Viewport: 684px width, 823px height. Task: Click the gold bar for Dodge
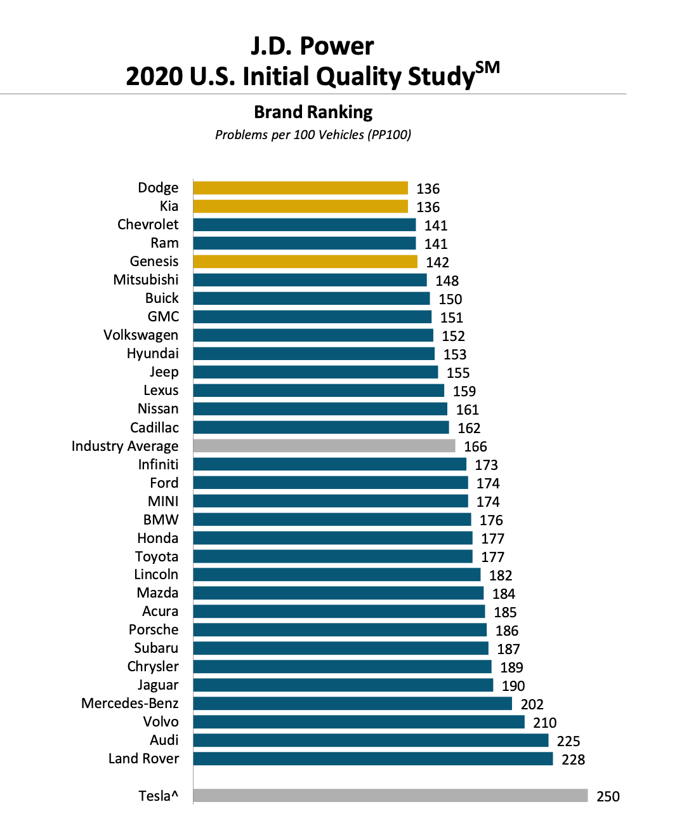click(x=300, y=188)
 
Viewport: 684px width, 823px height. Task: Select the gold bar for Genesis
click(x=305, y=262)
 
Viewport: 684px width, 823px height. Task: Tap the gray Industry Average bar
click(x=324, y=446)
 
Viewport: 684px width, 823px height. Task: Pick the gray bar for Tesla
click(x=390, y=796)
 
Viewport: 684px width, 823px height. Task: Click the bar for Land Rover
click(x=373, y=759)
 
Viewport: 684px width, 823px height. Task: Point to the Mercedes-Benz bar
click(x=352, y=704)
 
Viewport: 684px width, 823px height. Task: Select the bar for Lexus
click(x=319, y=391)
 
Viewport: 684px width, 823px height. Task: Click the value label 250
click(x=608, y=796)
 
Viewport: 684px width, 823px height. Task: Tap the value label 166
click(x=475, y=446)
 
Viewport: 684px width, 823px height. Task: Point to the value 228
click(x=573, y=759)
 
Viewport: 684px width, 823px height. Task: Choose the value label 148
click(x=447, y=281)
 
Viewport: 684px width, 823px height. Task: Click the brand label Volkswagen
click(x=141, y=335)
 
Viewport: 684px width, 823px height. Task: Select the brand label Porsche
click(x=154, y=630)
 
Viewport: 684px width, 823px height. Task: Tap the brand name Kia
click(x=169, y=206)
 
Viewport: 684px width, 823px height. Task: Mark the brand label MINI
click(x=163, y=502)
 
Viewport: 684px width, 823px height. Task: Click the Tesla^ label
click(x=158, y=796)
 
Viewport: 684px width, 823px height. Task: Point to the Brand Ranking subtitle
click(x=313, y=112)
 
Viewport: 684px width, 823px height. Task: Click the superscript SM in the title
click(x=487, y=67)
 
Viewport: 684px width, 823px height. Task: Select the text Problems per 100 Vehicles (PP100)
click(x=313, y=135)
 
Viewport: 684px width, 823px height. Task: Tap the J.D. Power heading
click(x=312, y=46)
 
